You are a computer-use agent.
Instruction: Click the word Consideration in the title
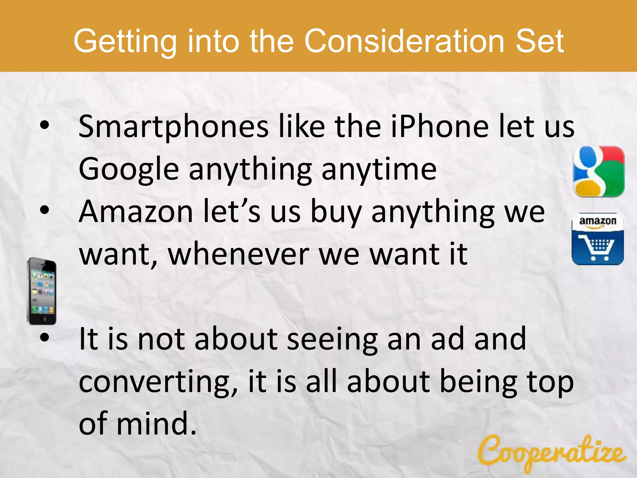(x=405, y=41)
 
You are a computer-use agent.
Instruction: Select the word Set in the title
(x=540, y=41)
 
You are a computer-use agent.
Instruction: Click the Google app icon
(x=598, y=171)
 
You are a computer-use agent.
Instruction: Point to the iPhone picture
(x=42, y=291)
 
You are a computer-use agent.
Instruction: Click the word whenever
(x=239, y=254)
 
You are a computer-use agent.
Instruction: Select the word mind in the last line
(x=156, y=424)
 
